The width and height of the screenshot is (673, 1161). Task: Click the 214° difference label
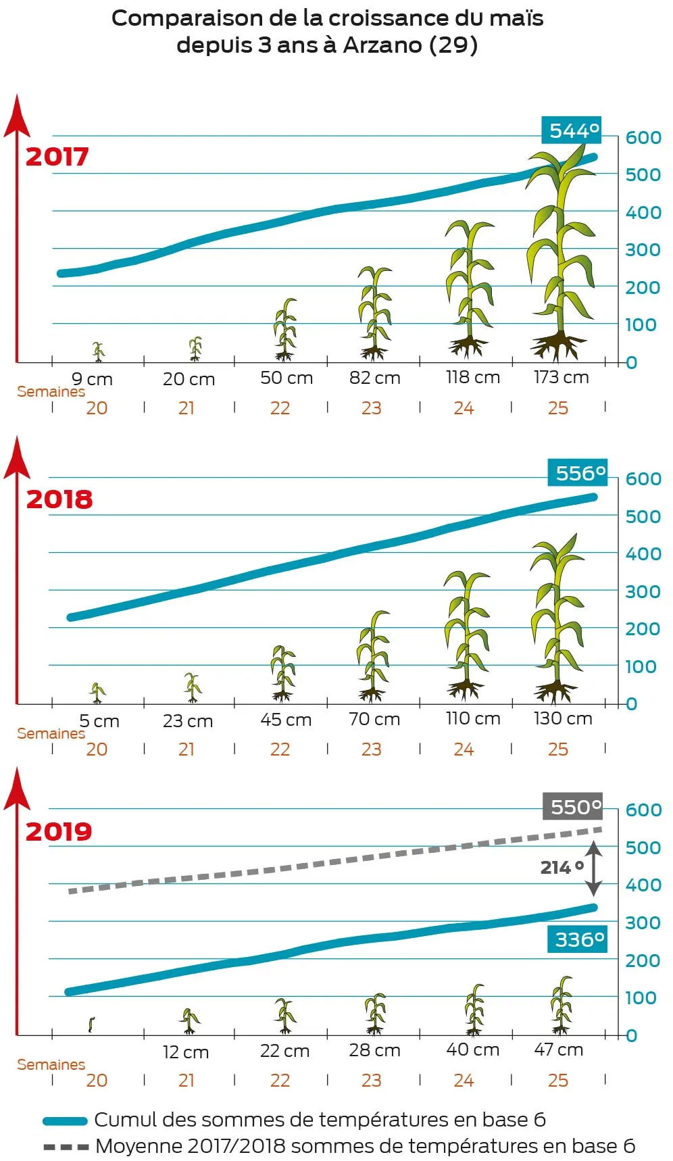pos(562,867)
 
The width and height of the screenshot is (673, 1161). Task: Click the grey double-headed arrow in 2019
pos(593,868)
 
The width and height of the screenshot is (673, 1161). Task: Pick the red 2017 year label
pos(57,157)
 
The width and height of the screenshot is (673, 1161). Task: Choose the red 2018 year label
pos(59,499)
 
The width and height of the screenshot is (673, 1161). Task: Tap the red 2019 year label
pos(59,831)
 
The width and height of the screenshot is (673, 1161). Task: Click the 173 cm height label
pos(561,377)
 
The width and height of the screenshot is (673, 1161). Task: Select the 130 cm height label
pos(562,718)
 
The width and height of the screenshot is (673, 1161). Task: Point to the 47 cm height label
pos(558,1049)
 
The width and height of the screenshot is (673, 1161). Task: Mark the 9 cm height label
pos(92,379)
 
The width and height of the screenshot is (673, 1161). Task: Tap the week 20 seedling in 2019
pos(91,1024)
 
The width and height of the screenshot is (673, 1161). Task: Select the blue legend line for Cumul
pos(65,1121)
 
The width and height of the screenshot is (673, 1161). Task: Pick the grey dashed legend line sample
pos(66,1147)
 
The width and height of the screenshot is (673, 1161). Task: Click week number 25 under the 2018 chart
pos(558,749)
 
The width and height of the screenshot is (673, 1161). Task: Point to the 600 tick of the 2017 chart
pos(643,138)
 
